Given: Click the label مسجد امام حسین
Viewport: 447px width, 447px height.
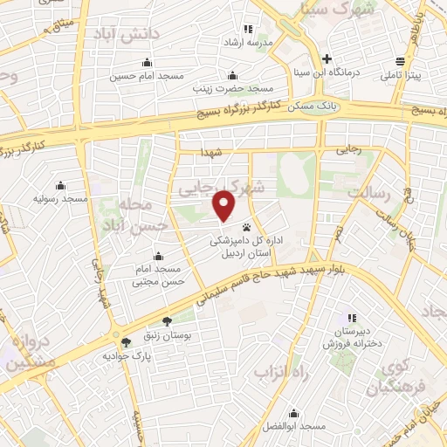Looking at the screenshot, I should point(146,76).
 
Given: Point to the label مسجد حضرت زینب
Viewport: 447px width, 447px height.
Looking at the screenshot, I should point(234,89).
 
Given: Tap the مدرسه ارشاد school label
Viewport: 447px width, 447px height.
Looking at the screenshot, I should point(248,42).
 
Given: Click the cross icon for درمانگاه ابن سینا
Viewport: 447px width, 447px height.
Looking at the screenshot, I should point(327,59).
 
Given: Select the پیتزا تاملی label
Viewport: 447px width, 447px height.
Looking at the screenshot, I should point(401,76).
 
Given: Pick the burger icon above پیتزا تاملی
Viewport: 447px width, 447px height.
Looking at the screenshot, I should point(400,61).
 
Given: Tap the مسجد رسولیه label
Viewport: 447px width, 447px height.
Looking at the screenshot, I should point(61,199).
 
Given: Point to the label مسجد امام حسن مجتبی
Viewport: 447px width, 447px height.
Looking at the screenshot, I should point(158,275).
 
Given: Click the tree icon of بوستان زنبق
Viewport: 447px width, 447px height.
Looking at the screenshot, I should point(166,321).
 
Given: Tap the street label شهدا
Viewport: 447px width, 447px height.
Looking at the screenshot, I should point(213,153).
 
